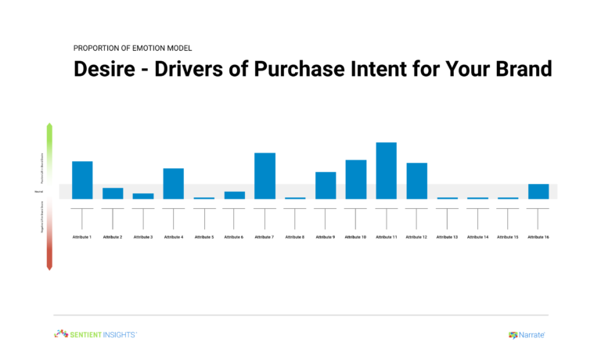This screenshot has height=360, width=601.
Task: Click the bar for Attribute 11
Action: point(387,171)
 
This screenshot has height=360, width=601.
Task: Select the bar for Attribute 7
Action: point(265,175)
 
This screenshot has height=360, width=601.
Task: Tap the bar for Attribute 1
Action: point(82,180)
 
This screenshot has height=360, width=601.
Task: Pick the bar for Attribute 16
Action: point(538,191)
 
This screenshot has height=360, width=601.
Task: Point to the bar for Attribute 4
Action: point(174,183)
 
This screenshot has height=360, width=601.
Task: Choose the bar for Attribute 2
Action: point(113,193)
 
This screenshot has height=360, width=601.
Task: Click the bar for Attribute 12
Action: point(417,181)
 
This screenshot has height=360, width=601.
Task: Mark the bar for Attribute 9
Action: point(326,185)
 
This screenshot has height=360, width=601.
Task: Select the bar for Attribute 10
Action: point(356,179)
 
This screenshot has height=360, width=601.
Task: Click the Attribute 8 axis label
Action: point(295,236)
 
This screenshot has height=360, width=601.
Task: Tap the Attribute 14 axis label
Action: point(477,236)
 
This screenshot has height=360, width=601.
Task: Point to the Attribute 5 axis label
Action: point(203,236)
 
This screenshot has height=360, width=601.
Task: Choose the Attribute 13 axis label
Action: point(447,236)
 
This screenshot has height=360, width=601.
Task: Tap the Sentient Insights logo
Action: point(95,334)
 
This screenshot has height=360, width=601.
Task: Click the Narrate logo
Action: point(527,335)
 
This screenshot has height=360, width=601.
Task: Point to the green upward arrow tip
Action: point(49,125)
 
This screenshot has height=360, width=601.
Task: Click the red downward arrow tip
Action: point(49,268)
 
